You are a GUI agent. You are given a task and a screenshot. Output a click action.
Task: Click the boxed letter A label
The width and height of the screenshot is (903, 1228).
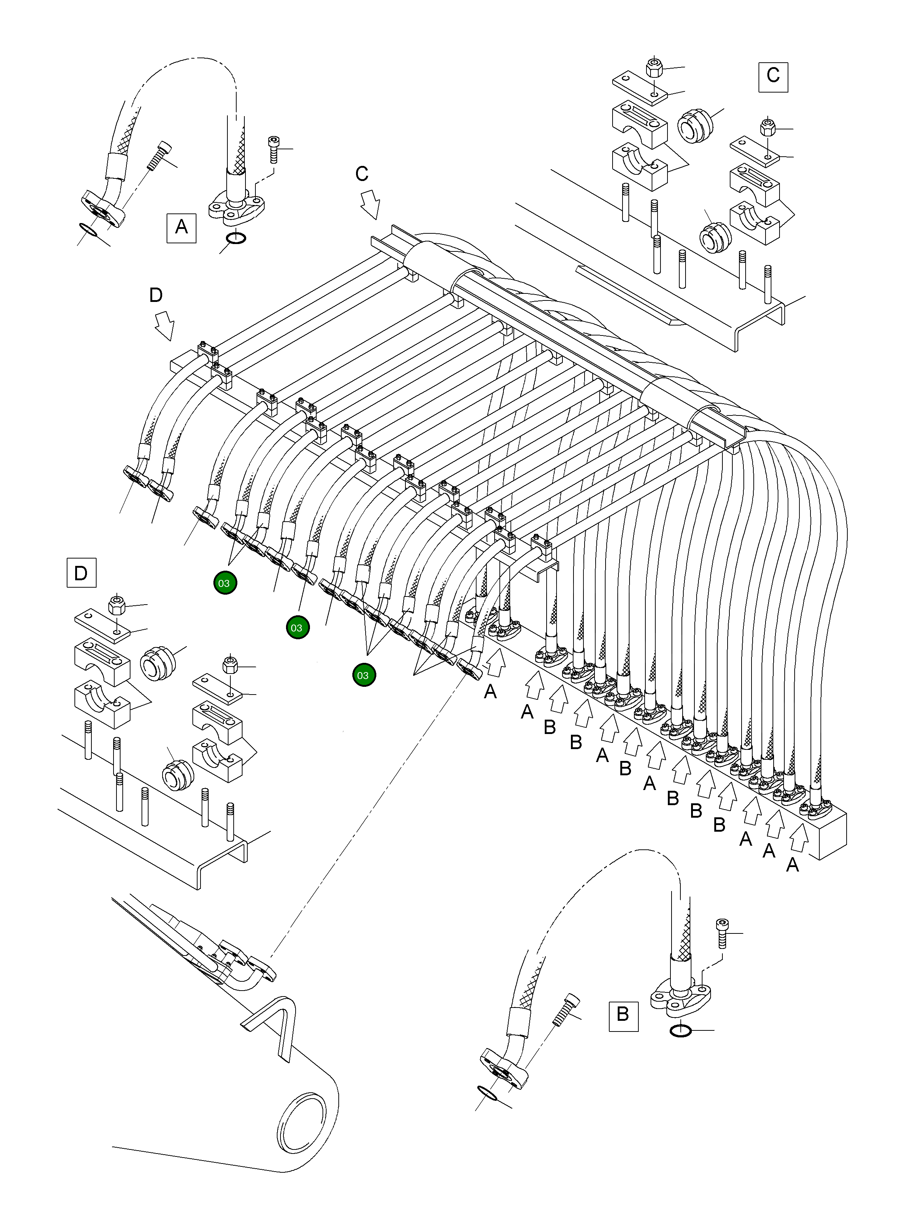point(181,227)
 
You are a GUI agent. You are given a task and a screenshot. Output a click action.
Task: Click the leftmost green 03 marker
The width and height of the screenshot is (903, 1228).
point(225,583)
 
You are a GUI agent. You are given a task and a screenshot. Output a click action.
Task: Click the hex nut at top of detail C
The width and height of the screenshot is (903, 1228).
point(654,68)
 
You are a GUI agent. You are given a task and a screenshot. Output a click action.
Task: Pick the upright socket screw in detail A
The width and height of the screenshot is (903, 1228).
point(273,148)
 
